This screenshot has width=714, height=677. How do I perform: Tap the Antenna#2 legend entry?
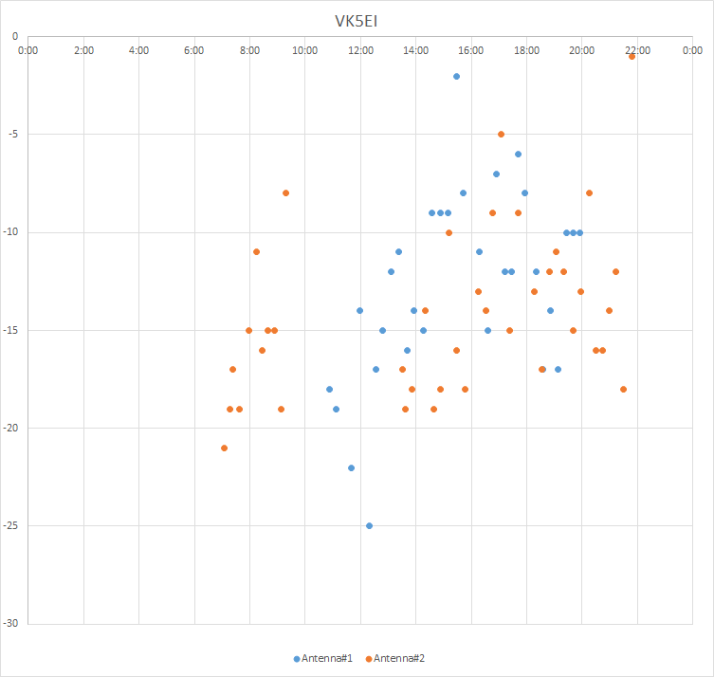coord(401,658)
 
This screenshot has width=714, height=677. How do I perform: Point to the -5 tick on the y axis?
coord(12,134)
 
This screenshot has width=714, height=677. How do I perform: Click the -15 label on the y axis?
coord(10,330)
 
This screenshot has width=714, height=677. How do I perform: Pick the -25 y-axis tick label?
coord(10,525)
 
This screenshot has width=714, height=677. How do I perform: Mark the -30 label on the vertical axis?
coord(10,623)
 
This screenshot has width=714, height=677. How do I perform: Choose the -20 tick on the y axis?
coord(10,428)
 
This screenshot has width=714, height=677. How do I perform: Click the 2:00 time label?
coord(83,49)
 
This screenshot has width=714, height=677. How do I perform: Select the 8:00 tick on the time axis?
coord(249,49)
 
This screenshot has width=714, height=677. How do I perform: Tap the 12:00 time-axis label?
coord(360,49)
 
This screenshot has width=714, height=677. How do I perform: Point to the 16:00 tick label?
coord(471,49)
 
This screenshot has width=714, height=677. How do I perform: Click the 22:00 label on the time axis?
coord(637,49)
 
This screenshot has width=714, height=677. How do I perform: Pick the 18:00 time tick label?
coord(526,49)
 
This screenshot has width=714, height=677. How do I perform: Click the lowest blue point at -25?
coord(369,525)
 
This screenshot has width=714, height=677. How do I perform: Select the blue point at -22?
coord(351,467)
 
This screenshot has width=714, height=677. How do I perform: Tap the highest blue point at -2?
coord(456,76)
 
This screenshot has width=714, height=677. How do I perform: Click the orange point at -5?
coord(501,134)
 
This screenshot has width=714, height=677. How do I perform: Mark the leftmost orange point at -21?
coord(224,448)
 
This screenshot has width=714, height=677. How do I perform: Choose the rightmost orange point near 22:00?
coord(632,57)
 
